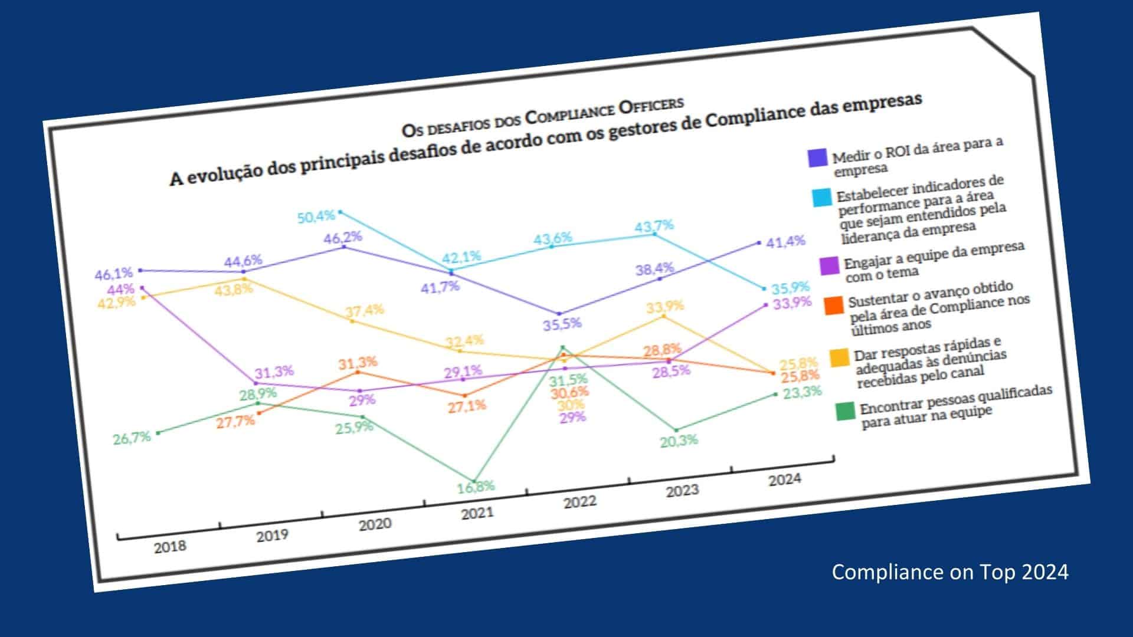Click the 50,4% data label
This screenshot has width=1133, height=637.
pos(316,216)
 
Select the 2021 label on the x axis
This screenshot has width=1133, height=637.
pos(477,513)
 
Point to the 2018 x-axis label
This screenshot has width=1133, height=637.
pos(170,547)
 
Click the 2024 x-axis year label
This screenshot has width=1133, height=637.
pos(785,480)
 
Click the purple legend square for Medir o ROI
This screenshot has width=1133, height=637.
pos(817,158)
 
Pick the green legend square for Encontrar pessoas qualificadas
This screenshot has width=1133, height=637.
pos(846,411)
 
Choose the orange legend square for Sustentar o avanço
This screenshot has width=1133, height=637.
pos(834,305)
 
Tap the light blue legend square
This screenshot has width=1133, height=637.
pos(821,198)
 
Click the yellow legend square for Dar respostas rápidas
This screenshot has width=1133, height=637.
pos(840,357)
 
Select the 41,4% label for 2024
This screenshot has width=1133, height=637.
pos(785,241)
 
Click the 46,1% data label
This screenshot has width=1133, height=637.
pos(113,274)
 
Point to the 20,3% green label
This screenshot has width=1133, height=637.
pos(679,441)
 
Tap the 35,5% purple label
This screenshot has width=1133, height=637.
pos(562,324)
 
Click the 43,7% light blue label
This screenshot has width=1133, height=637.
pos(654,226)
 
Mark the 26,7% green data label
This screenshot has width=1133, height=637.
pos(132,438)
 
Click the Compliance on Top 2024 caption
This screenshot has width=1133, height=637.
pos(950,572)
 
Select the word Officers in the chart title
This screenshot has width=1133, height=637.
pos(650,107)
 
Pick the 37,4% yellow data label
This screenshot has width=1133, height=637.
pos(365,310)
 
